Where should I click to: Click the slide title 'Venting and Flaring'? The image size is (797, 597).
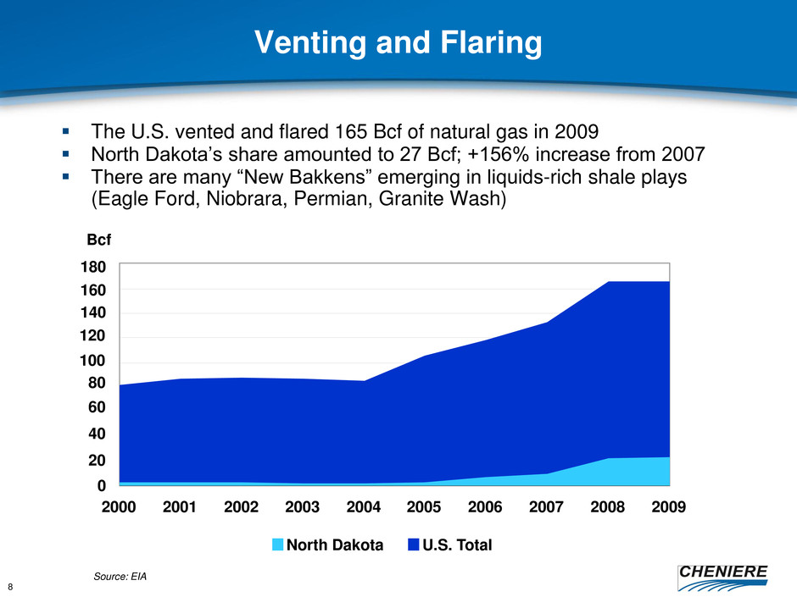[x=398, y=42]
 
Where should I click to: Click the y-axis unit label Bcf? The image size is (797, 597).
[x=98, y=240]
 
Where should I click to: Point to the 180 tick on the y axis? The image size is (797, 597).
[x=93, y=267]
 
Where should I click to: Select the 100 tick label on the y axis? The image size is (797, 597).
[x=93, y=361]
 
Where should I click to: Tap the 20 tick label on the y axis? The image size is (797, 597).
[x=97, y=460]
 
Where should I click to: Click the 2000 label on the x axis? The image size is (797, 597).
[x=119, y=506]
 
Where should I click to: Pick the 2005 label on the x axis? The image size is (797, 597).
[x=424, y=506]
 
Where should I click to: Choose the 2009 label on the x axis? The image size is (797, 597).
[x=668, y=506]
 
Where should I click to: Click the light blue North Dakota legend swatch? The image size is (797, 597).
[x=277, y=544]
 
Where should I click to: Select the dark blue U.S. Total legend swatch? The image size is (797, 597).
[x=413, y=544]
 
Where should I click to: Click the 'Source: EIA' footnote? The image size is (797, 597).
[x=120, y=576]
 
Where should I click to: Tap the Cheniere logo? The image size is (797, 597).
[x=722, y=578]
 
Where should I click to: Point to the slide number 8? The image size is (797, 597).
[x=11, y=588]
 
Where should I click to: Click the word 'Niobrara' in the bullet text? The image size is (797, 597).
[x=247, y=198]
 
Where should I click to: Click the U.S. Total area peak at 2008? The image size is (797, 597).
[x=608, y=281]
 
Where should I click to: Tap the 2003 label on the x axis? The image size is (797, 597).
[x=302, y=506]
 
